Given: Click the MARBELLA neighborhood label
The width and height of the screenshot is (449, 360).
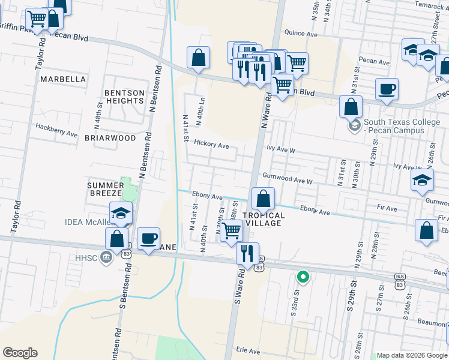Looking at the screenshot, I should coord(63,79).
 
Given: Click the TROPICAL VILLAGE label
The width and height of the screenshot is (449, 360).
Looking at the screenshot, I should coord(263,219).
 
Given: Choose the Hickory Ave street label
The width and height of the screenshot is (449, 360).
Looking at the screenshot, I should coord(211,145).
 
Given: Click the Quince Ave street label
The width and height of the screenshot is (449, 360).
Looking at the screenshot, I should coord(301,34).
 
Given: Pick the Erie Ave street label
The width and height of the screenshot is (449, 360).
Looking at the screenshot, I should coord(248,350).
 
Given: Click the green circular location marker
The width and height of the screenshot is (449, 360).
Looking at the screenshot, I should coord(303,277).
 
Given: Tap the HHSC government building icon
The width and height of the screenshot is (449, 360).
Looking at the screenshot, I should coord(106,257).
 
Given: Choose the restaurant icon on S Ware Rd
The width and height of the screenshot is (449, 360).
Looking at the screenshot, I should coord(247,254).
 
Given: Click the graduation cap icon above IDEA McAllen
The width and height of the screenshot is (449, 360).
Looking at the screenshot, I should coord(121,213).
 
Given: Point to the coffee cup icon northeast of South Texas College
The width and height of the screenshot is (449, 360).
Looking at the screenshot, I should coord(387,89).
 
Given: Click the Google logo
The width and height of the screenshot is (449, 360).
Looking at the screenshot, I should coord(20,353).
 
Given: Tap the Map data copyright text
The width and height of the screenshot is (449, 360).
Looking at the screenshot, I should coord(411,355).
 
